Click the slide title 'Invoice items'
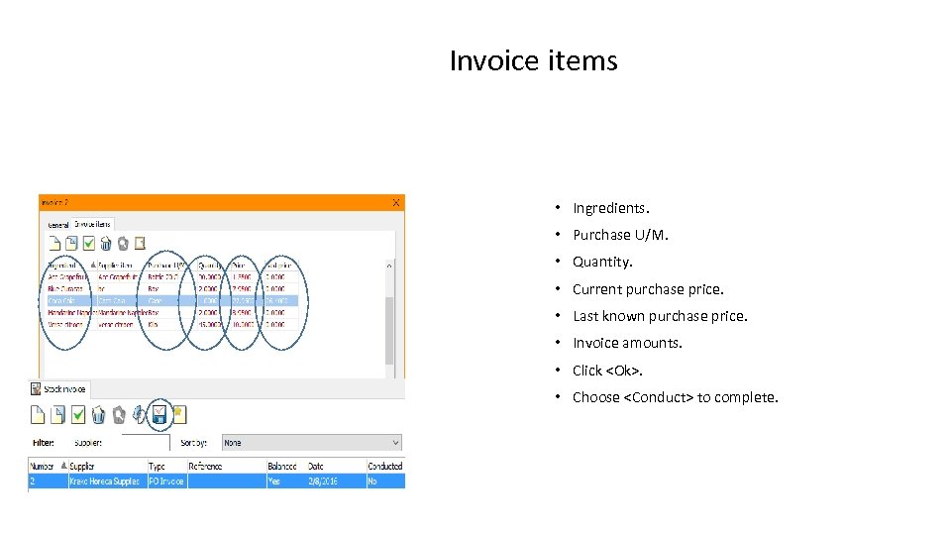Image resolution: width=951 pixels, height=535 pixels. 533,60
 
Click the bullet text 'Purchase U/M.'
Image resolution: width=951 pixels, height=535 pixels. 620,235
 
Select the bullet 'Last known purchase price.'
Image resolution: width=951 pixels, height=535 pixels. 660,316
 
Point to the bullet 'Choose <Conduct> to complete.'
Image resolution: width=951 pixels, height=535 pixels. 675,397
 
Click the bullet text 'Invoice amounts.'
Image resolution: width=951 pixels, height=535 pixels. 627,343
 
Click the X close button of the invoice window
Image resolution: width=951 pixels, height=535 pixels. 396,202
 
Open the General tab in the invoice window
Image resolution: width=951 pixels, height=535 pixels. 58,225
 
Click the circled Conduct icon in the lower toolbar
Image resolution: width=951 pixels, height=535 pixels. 158,415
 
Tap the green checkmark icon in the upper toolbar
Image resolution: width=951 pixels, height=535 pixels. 90,243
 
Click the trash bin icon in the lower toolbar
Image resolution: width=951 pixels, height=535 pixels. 98,415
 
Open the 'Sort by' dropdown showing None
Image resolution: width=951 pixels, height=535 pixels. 311,443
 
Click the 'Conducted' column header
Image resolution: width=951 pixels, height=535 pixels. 384,466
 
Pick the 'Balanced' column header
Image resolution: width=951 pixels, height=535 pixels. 282,466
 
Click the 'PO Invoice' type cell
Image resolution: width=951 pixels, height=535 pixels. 164,481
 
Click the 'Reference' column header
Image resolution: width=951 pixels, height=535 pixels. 206,466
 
